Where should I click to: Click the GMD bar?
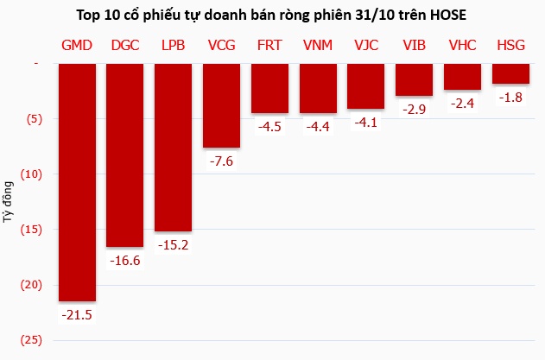click(x=76, y=181)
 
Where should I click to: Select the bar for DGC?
click(x=124, y=154)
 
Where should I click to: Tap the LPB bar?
click(x=173, y=146)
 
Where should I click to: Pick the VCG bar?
click(x=221, y=104)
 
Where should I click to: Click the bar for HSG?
click(x=510, y=73)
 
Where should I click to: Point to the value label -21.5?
click(x=76, y=315)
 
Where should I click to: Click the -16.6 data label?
click(x=124, y=260)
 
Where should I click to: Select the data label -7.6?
click(x=221, y=161)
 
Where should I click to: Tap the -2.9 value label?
click(x=414, y=109)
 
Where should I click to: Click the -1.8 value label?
click(x=510, y=97)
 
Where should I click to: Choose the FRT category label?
click(x=269, y=45)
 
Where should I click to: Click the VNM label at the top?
click(x=318, y=45)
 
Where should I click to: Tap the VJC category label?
click(x=366, y=45)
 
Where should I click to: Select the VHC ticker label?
click(x=462, y=45)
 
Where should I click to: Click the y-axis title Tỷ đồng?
click(x=9, y=202)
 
